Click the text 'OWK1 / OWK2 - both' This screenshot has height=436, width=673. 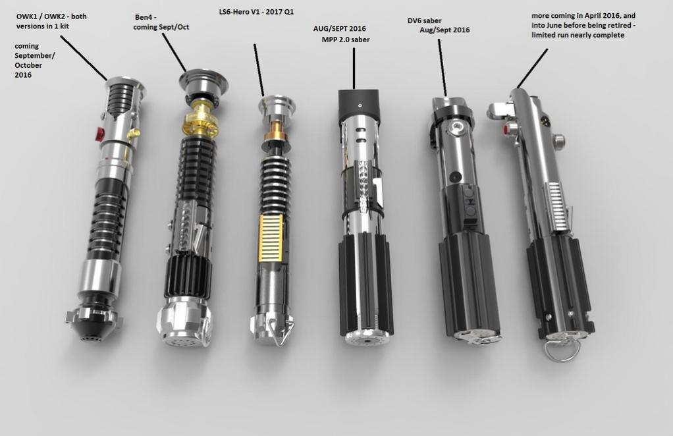click(51, 16)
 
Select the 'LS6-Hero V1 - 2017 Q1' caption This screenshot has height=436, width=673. click(256, 12)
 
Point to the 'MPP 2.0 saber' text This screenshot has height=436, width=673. click(346, 40)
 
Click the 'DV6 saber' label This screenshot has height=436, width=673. click(425, 20)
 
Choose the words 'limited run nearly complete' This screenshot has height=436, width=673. click(578, 35)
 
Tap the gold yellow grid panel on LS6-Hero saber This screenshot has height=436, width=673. click(271, 238)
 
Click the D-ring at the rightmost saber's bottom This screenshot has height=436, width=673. click(562, 350)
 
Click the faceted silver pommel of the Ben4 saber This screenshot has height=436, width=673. click(184, 321)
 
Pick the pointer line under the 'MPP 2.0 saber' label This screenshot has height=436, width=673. click(354, 68)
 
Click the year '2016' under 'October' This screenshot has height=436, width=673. click(23, 75)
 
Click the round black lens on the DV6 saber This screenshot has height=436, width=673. click(456, 177)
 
